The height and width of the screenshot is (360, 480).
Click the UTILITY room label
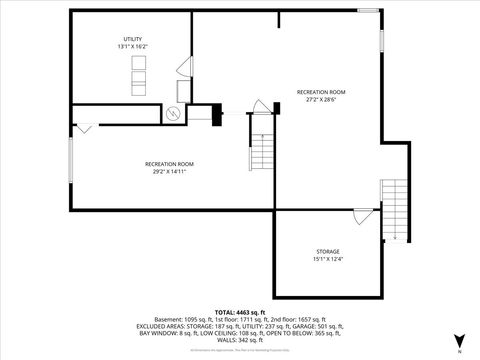click(132, 38)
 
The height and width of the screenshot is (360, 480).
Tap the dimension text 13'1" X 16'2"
click(132, 46)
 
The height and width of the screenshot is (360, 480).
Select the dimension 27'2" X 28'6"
click(321, 99)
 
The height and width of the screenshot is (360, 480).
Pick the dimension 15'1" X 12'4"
click(328, 259)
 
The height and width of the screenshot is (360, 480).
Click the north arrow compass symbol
click(459, 340)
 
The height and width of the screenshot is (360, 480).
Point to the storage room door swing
click(362, 216)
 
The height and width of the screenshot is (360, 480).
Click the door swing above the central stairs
click(262, 106)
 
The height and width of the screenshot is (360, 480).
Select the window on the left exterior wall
click(71, 160)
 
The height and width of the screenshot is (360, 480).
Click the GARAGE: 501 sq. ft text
click(316, 327)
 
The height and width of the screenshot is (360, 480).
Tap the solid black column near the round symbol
click(214, 116)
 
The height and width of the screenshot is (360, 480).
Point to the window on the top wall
click(368, 11)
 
